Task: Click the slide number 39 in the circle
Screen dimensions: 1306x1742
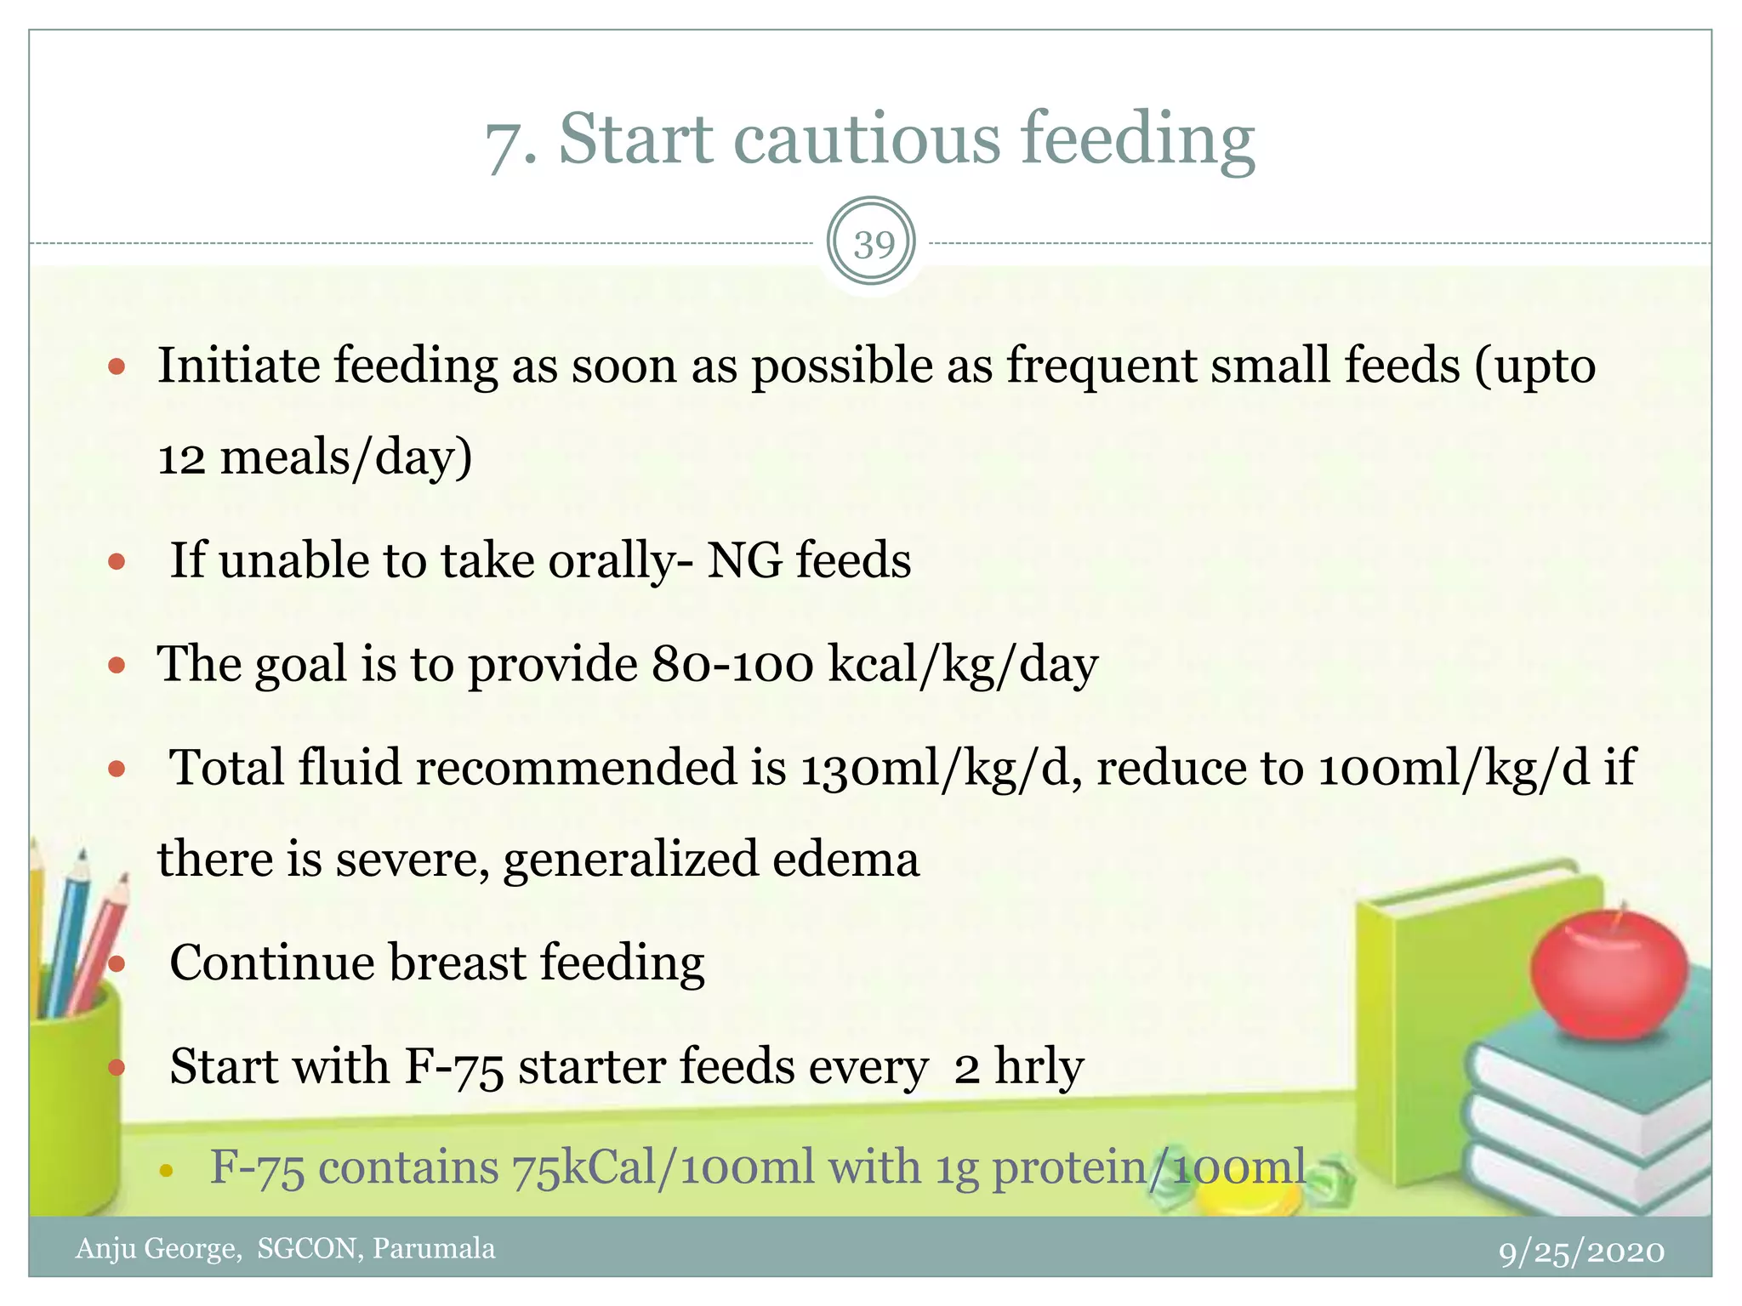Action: point(872,245)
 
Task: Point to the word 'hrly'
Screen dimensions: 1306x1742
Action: point(1039,1067)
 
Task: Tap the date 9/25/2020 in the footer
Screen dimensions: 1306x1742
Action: point(1581,1252)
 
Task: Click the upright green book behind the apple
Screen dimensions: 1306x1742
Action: point(1446,1020)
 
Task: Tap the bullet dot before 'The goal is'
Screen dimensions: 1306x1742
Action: point(117,665)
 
